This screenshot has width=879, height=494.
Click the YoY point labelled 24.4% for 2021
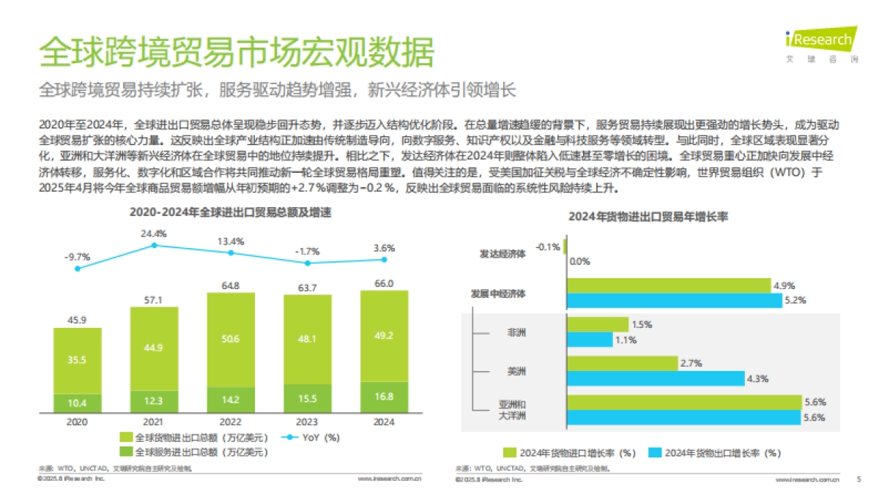[x=154, y=246]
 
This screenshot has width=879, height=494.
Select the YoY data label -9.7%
[x=77, y=257]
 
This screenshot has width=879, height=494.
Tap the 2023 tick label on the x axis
[x=307, y=422]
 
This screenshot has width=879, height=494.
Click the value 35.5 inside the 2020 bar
[x=77, y=360]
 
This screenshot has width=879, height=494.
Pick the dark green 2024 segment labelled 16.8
[x=384, y=397]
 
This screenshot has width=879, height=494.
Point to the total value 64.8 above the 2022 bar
[x=231, y=285]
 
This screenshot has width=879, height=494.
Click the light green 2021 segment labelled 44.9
[x=154, y=348]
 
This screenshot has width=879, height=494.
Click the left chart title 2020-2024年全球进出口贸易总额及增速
[x=230, y=213]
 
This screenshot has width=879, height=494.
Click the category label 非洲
[x=516, y=332]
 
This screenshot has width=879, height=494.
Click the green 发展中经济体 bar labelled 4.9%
[x=669, y=285]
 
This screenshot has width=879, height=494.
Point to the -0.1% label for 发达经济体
[x=548, y=247]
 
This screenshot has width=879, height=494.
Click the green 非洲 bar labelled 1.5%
[x=597, y=324]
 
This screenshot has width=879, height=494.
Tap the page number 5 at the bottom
[x=858, y=479]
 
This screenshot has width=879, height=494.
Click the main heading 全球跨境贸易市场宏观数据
[x=236, y=53]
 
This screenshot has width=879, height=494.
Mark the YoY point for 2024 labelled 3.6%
[x=384, y=259]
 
